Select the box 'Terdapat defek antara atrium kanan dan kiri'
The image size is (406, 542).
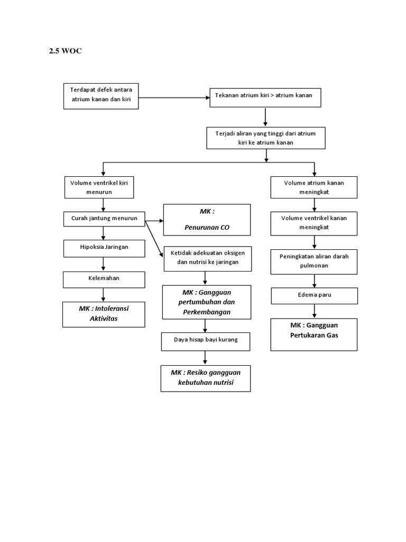(x=101, y=96)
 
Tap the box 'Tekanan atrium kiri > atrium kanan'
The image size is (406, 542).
(x=265, y=96)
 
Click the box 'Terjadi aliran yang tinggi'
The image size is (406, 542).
(x=266, y=138)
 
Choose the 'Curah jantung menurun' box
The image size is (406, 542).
(x=104, y=218)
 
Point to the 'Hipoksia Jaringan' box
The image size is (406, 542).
(x=104, y=247)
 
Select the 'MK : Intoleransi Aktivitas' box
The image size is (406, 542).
(x=104, y=314)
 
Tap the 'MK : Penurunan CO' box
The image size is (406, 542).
(x=207, y=220)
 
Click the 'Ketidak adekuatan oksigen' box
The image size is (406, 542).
(x=207, y=258)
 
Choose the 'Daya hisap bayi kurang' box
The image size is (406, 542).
(x=206, y=340)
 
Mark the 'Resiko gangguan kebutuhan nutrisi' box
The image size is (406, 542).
(x=206, y=378)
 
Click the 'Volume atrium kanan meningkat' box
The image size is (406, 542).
(x=314, y=187)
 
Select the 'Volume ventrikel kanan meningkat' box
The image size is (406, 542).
(x=314, y=223)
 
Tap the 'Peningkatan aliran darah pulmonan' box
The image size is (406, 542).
(x=314, y=261)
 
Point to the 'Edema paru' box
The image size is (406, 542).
(x=314, y=295)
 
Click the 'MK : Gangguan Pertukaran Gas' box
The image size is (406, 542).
(x=314, y=333)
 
